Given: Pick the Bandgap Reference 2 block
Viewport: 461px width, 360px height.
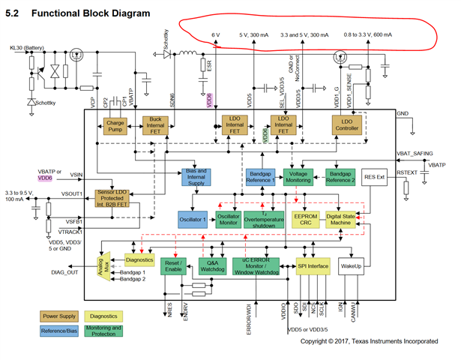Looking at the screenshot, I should click(x=337, y=177).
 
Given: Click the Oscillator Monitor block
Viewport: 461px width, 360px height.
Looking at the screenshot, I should click(x=228, y=217).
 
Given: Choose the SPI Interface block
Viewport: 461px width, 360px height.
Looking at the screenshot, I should click(x=313, y=265).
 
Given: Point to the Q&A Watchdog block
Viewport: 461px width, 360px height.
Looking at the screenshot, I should click(x=212, y=265).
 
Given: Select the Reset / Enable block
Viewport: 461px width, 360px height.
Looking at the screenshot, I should click(x=172, y=265).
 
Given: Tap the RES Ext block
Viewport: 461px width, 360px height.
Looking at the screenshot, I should click(x=373, y=177).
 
